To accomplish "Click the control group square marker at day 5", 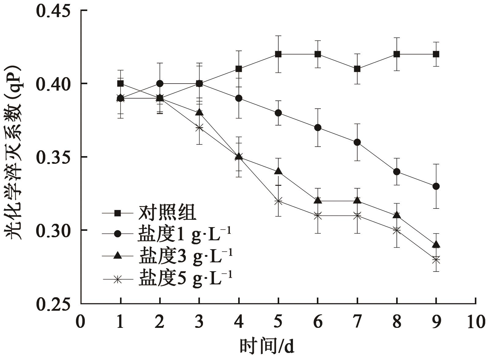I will pos(278,54).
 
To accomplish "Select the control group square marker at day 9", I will pos(436,54).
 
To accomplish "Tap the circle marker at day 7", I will pos(357,142).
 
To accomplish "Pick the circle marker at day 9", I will pos(436,186).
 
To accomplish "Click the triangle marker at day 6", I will pos(318,201).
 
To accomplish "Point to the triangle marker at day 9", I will pos(436,244).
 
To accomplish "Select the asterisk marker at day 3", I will pos(199,128).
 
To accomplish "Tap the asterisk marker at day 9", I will pos(436,260).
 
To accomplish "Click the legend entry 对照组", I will pos(167,213).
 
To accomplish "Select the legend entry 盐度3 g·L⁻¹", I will pos(186,256).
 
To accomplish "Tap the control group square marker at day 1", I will pos(120,84).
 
